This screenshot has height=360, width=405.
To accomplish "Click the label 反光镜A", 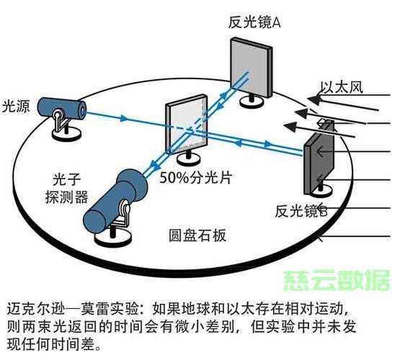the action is [254, 22].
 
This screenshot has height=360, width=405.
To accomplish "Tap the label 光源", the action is [16, 106].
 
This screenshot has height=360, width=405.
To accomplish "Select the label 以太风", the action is [342, 87].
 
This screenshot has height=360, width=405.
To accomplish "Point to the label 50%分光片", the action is [195, 177].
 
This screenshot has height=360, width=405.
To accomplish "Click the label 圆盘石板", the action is [197, 235].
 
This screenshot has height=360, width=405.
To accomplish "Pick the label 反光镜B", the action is [301, 211].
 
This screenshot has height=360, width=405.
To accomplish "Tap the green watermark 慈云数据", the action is [337, 281].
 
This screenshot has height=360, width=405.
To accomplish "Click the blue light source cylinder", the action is [62, 109].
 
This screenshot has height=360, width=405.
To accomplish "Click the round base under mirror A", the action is [252, 102].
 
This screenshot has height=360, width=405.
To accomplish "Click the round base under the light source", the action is [66, 135].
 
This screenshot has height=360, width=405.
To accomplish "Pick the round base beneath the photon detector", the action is [113, 239].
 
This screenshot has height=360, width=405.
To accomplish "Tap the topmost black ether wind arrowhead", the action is [313, 99].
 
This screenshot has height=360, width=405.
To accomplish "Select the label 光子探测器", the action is [66, 189].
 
